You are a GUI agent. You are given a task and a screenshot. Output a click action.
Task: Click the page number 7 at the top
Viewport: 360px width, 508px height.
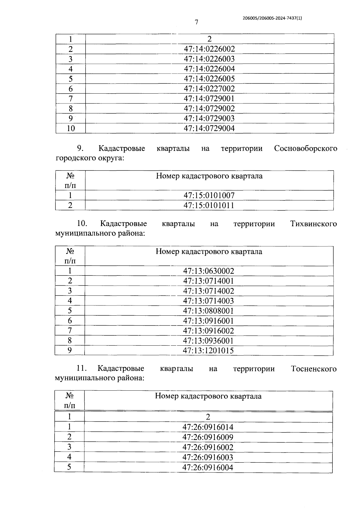(x=196, y=22)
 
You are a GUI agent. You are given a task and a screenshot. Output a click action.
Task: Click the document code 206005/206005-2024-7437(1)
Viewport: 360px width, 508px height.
(x=272, y=18)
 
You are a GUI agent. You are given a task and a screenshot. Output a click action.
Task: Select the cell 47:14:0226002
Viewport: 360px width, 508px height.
(x=209, y=49)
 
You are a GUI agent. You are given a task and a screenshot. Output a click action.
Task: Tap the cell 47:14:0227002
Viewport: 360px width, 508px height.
(x=209, y=89)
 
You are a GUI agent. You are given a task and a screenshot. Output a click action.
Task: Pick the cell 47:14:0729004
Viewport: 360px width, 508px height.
(x=209, y=128)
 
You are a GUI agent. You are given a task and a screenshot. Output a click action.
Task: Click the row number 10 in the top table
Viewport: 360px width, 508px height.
(x=71, y=128)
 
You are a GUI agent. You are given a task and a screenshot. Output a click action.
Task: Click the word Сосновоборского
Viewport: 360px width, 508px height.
(x=305, y=148)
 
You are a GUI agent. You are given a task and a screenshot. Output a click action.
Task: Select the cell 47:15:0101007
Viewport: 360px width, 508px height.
(x=209, y=195)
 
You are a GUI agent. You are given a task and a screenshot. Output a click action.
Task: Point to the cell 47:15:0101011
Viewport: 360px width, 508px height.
(x=209, y=205)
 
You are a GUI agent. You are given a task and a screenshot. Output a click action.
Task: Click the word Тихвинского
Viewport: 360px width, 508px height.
(x=313, y=224)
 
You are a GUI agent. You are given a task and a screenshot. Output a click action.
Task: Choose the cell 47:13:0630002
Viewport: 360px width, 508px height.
(x=208, y=271)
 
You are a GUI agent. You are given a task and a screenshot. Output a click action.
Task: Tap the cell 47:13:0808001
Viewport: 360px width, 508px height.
(x=208, y=311)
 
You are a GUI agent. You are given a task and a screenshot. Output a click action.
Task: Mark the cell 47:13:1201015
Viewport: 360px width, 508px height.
(x=208, y=350)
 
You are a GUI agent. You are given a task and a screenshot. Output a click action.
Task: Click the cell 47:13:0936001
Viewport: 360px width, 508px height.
(x=208, y=341)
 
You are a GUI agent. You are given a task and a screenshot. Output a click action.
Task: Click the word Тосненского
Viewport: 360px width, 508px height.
(x=314, y=369)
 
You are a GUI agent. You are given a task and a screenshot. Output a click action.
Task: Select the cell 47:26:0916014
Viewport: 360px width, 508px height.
(x=208, y=427)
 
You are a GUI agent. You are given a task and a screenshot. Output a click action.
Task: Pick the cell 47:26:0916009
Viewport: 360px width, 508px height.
(x=208, y=437)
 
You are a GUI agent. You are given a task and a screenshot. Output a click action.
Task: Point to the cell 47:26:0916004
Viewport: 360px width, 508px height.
(x=208, y=467)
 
